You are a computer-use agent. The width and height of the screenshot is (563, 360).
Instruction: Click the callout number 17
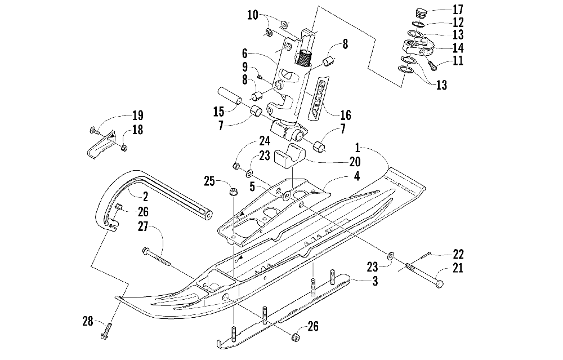[458, 10]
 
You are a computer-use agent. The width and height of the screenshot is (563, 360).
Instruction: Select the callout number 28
[88, 321]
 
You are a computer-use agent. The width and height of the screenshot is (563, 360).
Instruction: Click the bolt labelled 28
[106, 331]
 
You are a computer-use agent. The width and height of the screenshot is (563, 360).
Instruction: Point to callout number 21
[457, 268]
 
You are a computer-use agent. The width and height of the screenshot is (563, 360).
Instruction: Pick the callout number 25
[209, 181]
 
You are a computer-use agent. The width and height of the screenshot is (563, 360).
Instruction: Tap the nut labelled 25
[233, 192]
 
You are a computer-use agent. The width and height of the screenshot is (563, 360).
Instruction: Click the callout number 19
[137, 115]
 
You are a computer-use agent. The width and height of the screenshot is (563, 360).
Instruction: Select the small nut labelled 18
[124, 148]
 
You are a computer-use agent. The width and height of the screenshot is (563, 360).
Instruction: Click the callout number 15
[218, 112]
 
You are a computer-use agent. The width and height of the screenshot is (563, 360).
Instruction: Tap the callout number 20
[355, 162]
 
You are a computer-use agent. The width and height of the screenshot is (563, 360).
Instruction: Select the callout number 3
[375, 281]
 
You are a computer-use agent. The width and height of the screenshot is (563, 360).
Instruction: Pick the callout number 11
[458, 60]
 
